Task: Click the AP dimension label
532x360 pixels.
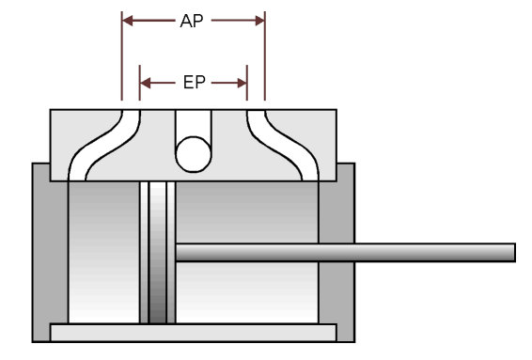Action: coord(192,21)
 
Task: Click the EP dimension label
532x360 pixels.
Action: coord(194,83)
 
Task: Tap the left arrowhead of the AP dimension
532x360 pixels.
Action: coord(128,21)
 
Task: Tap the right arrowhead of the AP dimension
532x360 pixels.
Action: coord(259,21)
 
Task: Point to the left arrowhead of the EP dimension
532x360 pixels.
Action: coord(145,83)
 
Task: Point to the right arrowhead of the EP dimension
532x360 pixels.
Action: coord(242,83)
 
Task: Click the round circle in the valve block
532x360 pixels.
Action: coord(194,154)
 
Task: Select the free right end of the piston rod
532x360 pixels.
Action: coord(515,253)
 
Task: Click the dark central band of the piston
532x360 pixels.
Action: coord(158,253)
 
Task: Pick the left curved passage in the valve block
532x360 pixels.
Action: coord(104,144)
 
